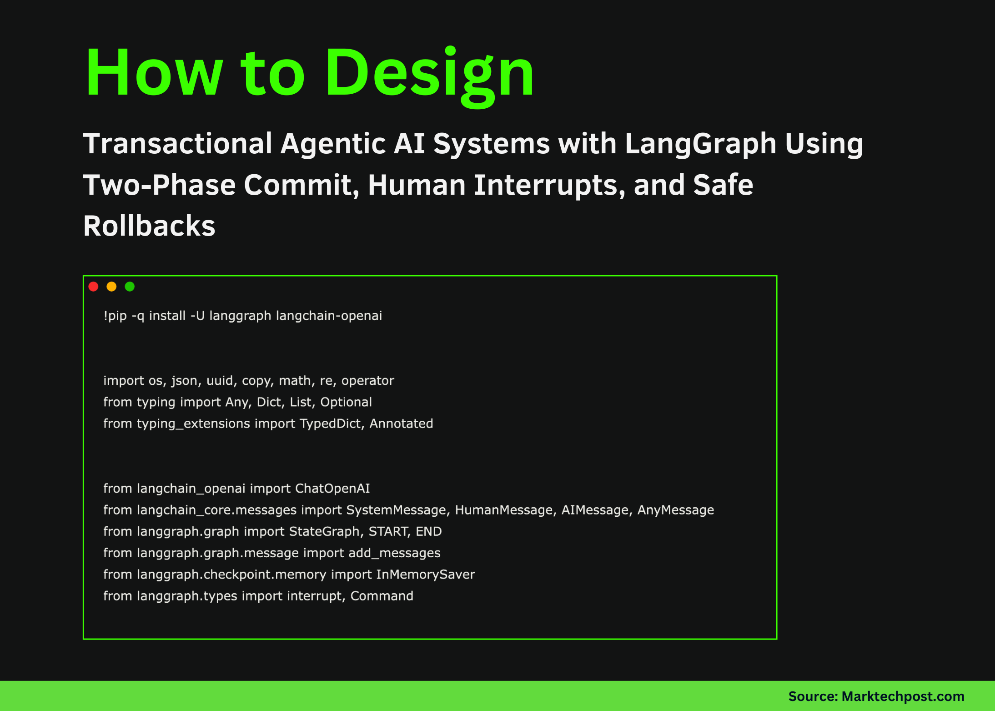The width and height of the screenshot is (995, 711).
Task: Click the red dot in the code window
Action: [93, 287]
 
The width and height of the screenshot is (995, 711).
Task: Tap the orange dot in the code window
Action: [111, 287]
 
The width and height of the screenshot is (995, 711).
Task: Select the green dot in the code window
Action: [130, 287]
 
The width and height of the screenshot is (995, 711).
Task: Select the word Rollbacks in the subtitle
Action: [149, 226]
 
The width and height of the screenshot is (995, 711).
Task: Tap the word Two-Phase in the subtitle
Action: [159, 186]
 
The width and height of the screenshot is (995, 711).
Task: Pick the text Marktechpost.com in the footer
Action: [903, 696]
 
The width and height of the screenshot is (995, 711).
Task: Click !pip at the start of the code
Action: [115, 316]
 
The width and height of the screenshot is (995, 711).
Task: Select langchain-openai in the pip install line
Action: [329, 316]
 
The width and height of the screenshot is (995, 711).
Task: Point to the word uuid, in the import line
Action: [221, 381]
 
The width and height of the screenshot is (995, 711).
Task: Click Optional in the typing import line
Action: [346, 402]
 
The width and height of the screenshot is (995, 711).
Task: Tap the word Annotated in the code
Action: [401, 424]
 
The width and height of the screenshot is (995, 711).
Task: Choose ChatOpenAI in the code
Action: [332, 489]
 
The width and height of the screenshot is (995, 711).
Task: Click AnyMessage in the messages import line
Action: [675, 510]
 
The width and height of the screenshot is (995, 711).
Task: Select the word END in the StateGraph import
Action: [428, 532]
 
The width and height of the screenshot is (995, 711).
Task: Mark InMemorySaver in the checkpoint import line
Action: [425, 575]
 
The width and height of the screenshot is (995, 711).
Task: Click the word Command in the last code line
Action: [382, 596]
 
